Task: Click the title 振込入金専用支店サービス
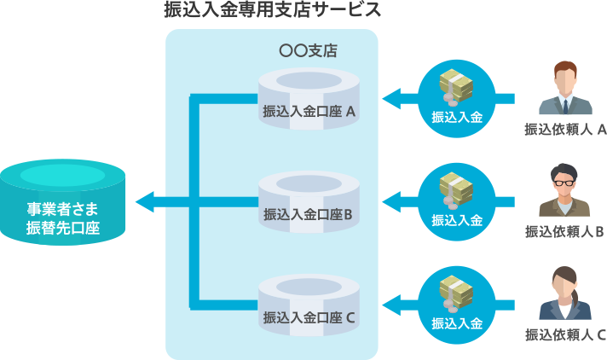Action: pos(272,11)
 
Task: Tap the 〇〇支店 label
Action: pos(308,51)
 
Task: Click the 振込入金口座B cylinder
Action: pos(309,201)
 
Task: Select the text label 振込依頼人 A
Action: pos(565,130)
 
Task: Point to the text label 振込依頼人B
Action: pos(565,231)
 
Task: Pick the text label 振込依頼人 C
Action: pos(565,334)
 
